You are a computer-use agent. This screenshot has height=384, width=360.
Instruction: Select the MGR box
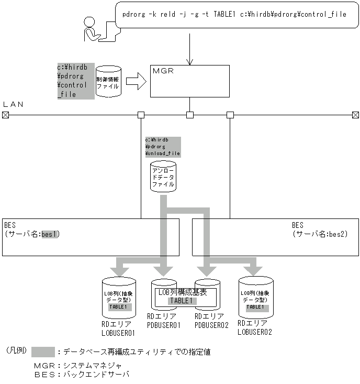click(189, 81)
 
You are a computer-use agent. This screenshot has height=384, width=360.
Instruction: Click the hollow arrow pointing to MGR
click(136, 82)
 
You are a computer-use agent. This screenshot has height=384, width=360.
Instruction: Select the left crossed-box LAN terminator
click(5, 115)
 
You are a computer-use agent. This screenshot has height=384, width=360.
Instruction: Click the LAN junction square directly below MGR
click(190, 115)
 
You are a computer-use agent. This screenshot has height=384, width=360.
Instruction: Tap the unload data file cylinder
click(163, 177)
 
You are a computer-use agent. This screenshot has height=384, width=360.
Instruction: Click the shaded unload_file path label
click(163, 147)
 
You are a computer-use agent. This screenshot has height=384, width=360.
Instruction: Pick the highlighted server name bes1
click(51, 234)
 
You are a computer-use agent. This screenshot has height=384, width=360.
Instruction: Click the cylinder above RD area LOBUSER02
click(256, 295)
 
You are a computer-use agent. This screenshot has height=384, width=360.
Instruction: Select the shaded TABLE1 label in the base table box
click(182, 301)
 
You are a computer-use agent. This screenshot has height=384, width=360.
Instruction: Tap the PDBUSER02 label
click(211, 325)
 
